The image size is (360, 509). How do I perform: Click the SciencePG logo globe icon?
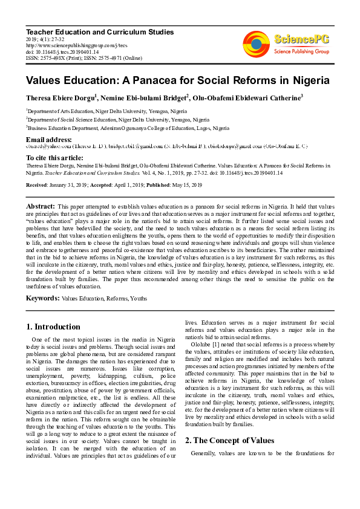click(257, 44)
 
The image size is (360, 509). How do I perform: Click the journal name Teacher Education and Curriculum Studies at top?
click(100, 31)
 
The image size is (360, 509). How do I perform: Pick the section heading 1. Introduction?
click(53, 326)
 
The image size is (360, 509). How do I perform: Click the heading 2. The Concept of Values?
click(229, 423)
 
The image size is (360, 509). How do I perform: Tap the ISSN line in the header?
click(83, 58)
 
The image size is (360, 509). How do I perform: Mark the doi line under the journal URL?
click(61, 51)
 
